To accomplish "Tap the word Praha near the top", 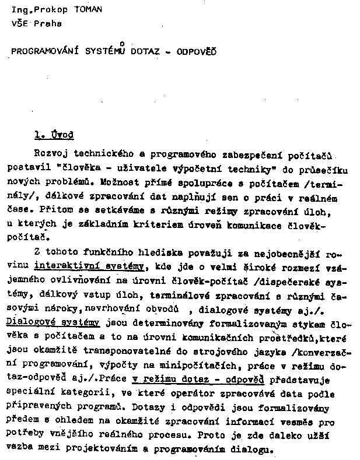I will tap(48, 24).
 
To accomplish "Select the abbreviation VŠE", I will tap(19, 24).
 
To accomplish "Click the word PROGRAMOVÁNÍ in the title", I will tap(46, 51).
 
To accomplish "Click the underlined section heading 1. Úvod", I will tap(54, 135).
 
